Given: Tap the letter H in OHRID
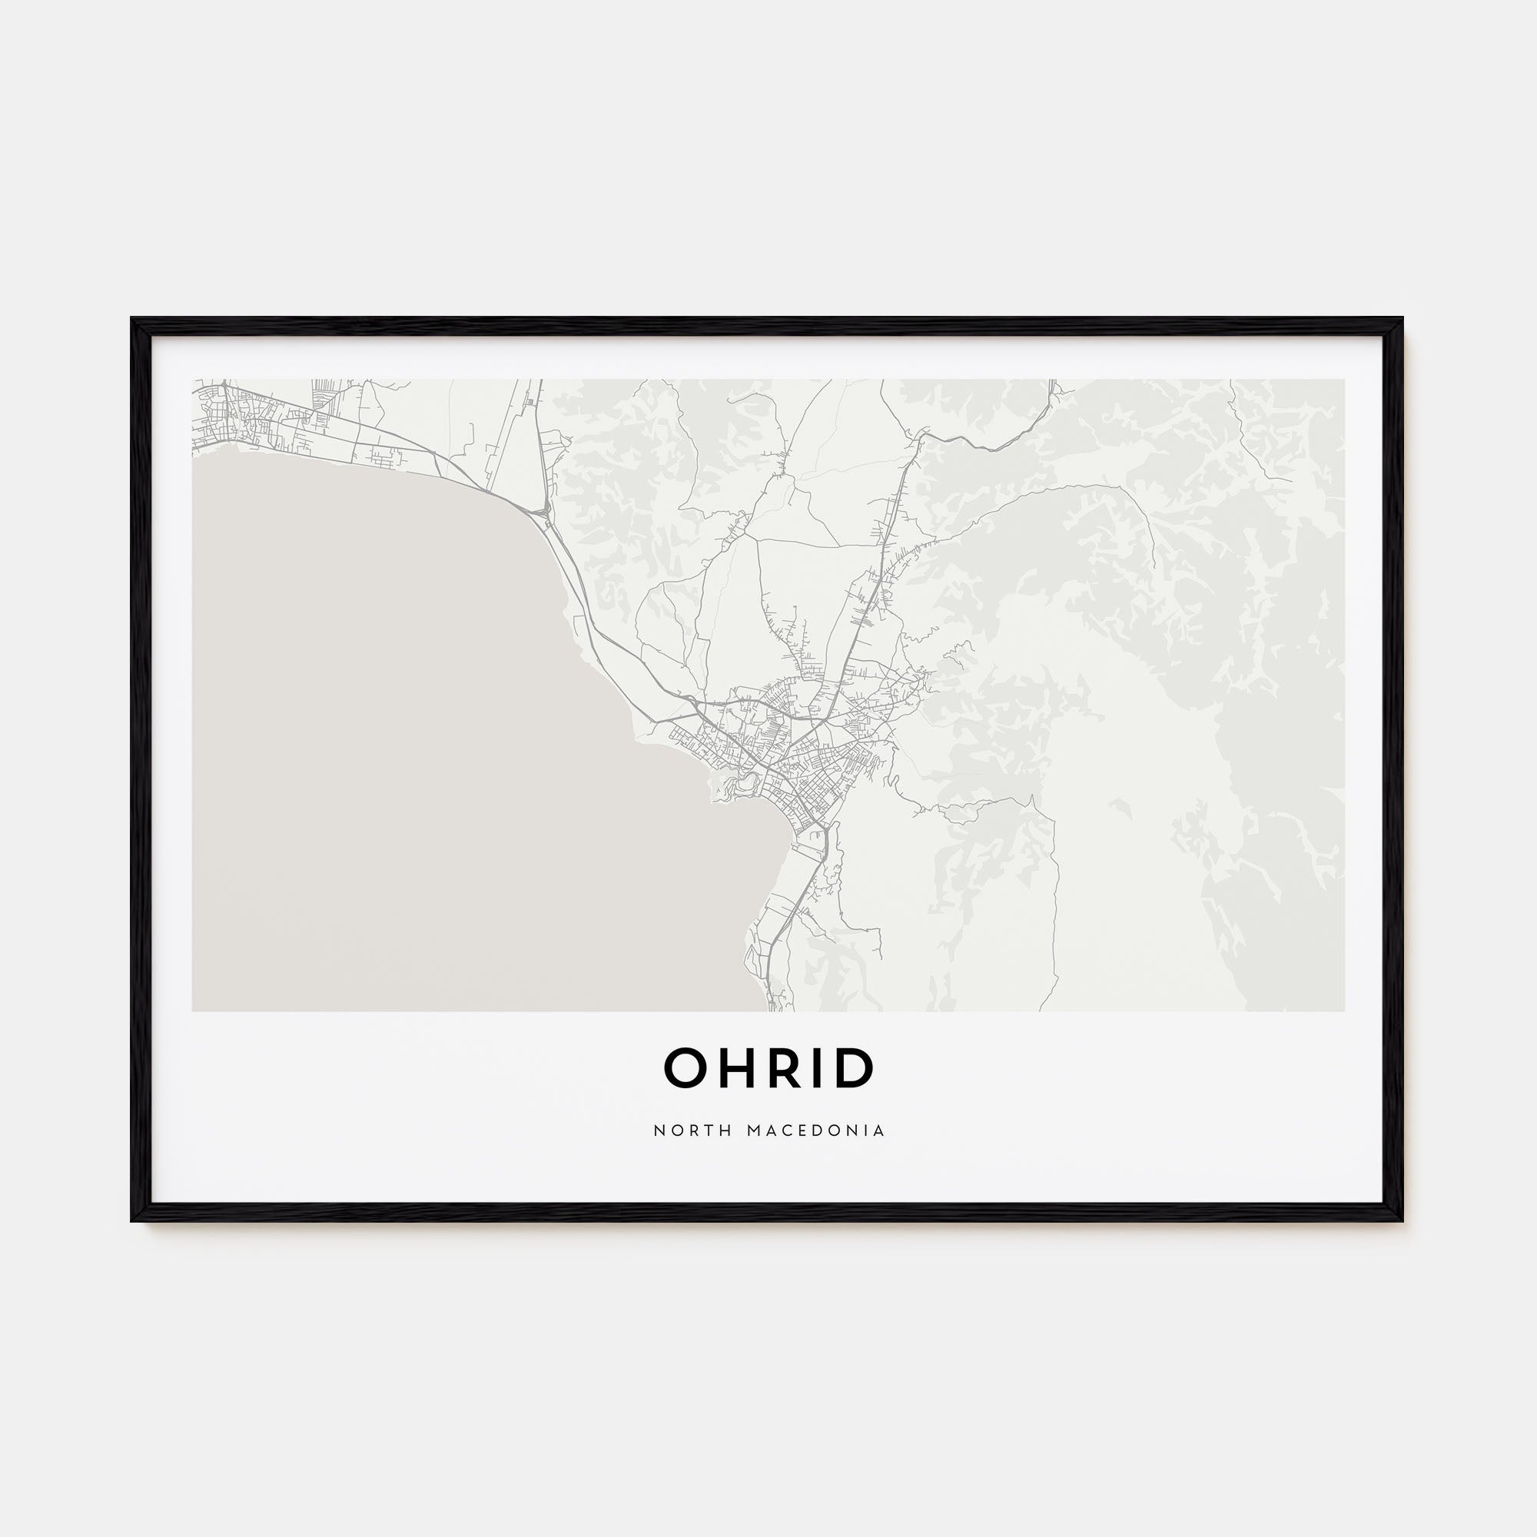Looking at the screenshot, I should click(x=736, y=1068).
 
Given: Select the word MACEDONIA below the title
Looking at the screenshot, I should click(x=816, y=1130).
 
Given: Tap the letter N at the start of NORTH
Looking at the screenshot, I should click(x=659, y=1130).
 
